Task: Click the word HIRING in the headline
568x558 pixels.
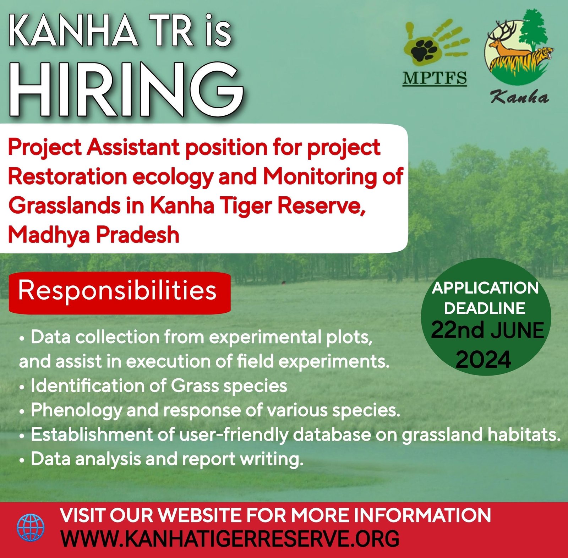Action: click(x=126, y=89)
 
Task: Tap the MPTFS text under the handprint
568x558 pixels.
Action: click(x=435, y=78)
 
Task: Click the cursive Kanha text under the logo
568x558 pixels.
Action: click(x=520, y=97)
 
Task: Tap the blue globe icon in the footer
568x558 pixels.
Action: click(x=31, y=527)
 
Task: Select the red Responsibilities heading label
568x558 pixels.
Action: click(x=120, y=292)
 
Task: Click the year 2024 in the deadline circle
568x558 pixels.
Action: click(x=484, y=360)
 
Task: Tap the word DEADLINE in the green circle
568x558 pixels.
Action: click(x=485, y=308)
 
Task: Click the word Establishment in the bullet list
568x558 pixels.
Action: click(x=103, y=434)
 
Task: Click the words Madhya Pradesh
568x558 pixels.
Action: click(x=94, y=235)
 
